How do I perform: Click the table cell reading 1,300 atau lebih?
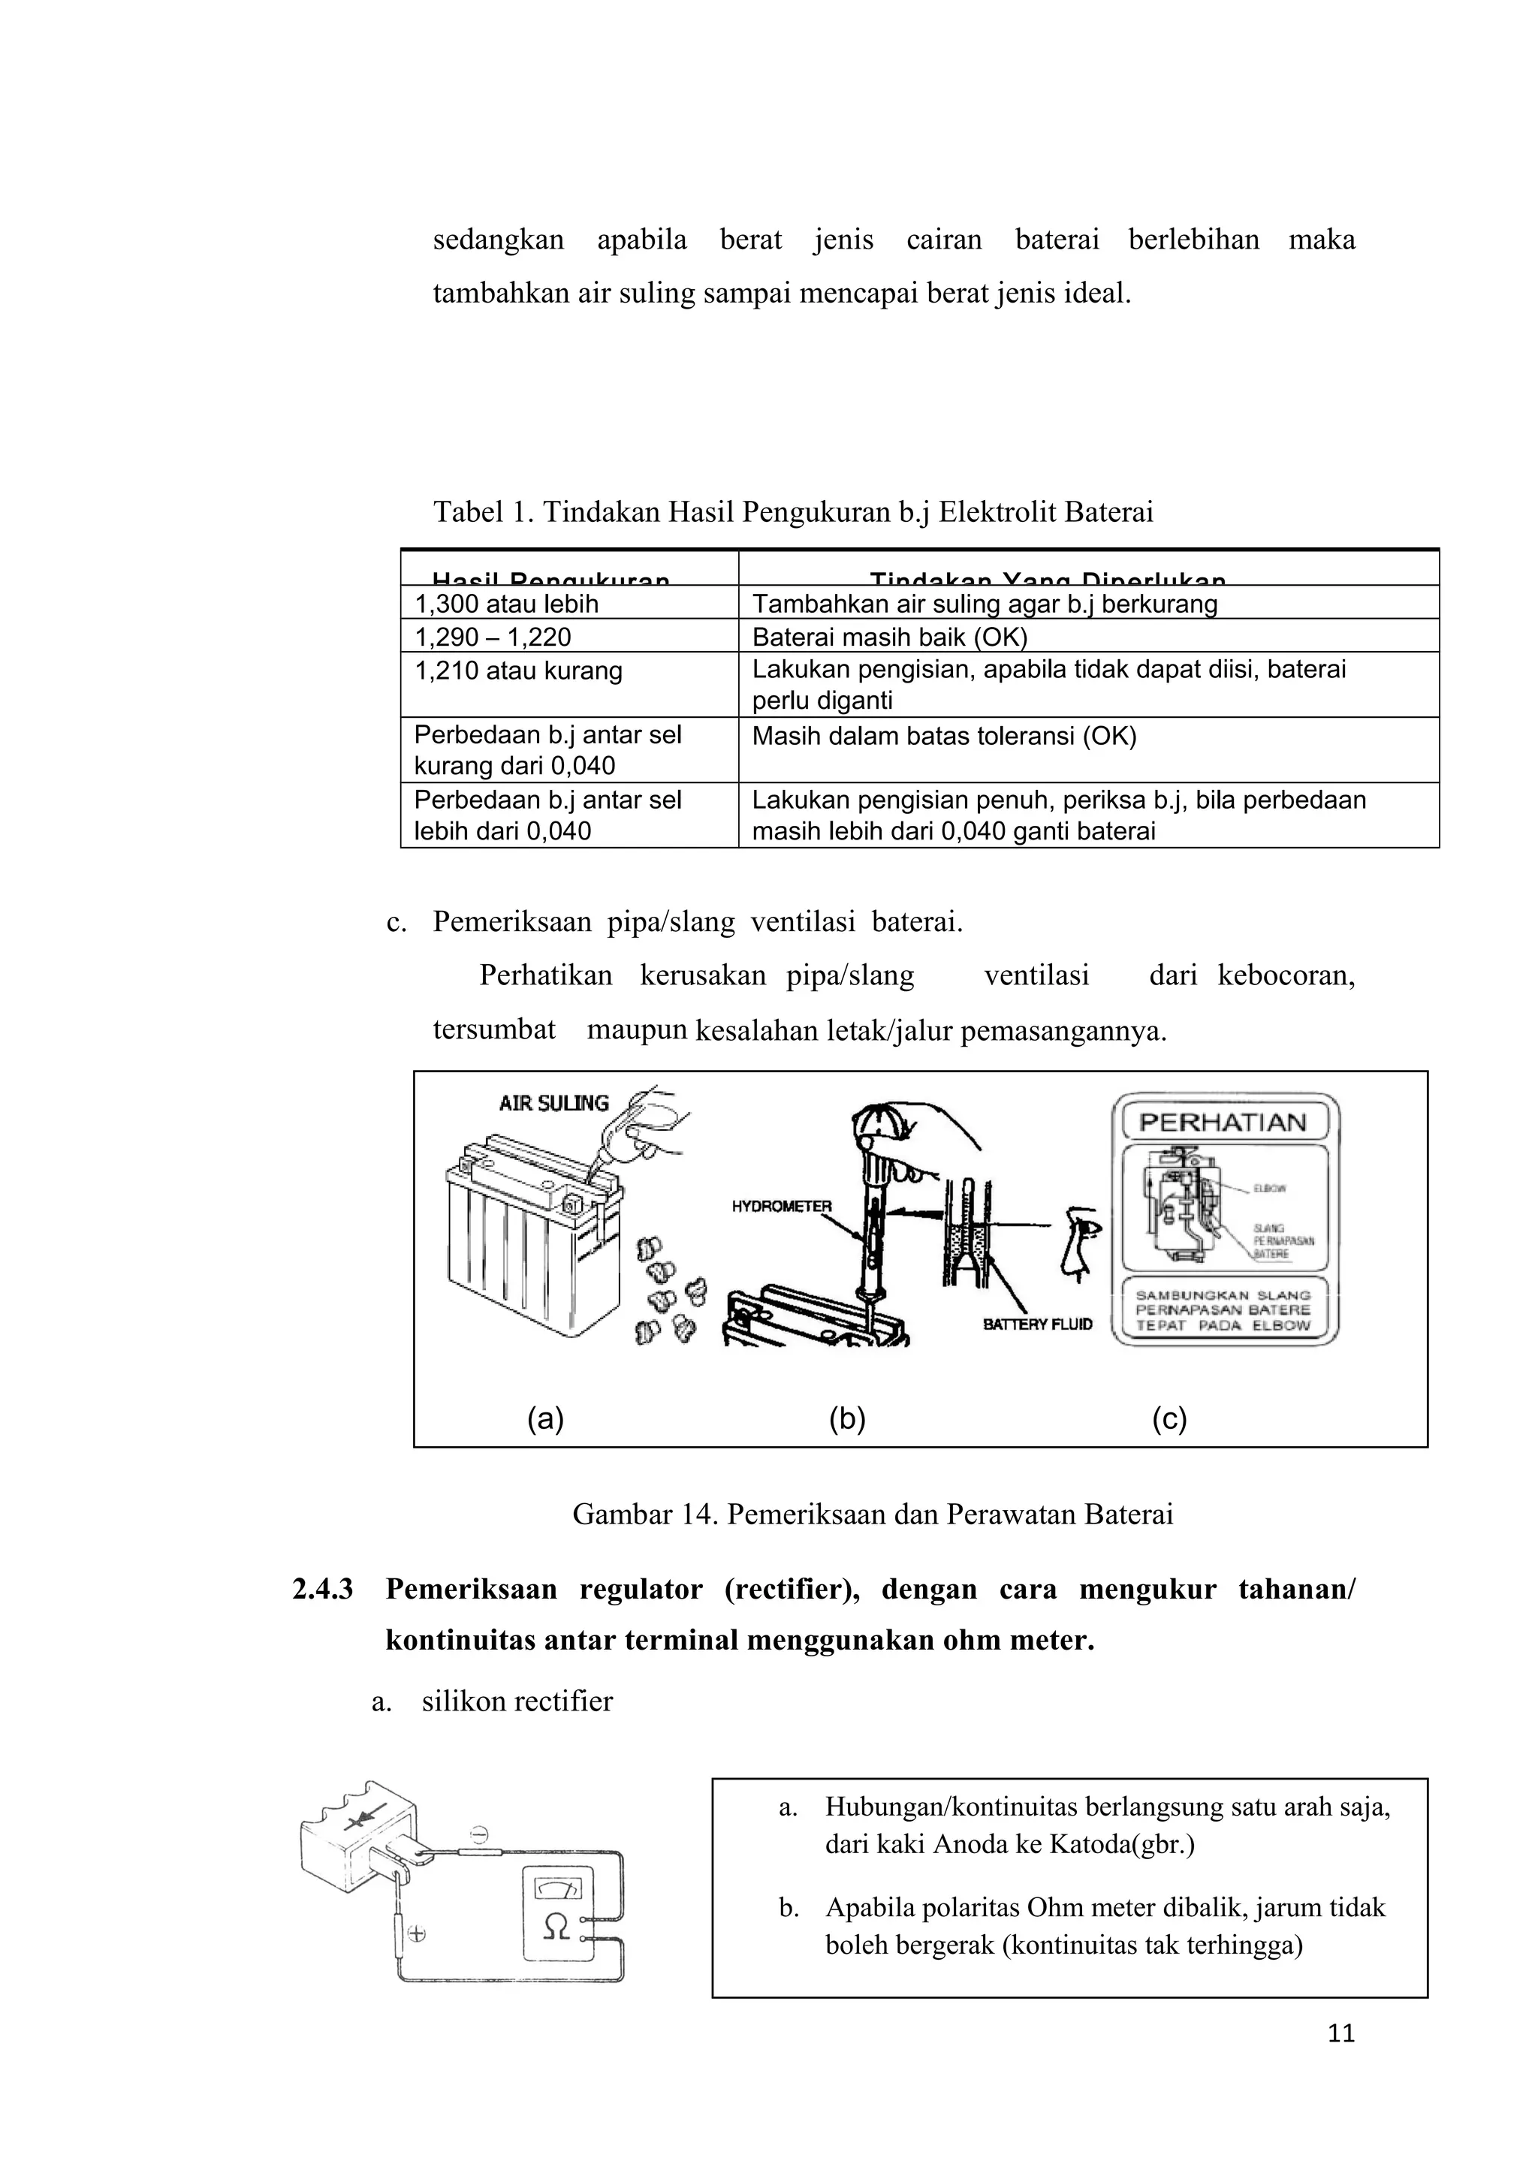507,604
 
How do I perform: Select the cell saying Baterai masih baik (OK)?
889,637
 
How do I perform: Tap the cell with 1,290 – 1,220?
493,637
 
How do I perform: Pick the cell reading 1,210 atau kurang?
518,671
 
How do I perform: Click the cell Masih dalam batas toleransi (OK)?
944,737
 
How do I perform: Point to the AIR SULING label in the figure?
553,1103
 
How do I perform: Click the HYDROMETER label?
781,1207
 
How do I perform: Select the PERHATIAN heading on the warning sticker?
1223,1123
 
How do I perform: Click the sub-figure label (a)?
545,1419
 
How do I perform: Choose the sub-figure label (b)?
847,1419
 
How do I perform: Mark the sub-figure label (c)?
1169,1419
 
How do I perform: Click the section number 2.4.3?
322,1590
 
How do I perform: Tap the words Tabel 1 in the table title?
478,513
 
